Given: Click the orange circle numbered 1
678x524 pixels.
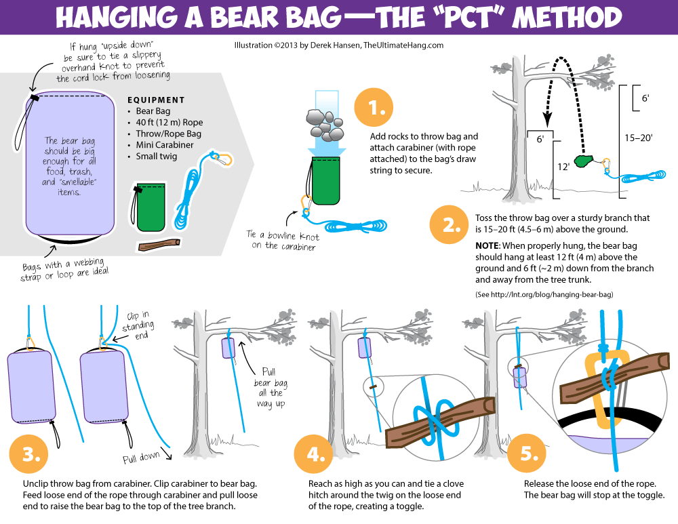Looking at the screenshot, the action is [x=374, y=108].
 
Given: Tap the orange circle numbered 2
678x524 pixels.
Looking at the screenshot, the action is [x=450, y=225].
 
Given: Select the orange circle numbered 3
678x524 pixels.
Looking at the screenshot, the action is [x=29, y=454].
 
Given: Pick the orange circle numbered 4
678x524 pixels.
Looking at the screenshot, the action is [x=313, y=454].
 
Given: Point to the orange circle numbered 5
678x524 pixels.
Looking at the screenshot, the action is [x=526, y=454].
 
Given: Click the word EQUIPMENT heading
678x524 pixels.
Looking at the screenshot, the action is [x=156, y=100].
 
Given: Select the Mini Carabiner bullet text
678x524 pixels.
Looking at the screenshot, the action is [x=165, y=145].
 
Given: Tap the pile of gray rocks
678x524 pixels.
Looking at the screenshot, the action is [x=325, y=125].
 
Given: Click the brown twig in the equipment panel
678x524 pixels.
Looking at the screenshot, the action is [x=159, y=244].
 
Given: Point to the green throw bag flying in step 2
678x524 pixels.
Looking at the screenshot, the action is [x=585, y=161].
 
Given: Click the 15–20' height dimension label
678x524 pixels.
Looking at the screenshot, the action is [x=638, y=138].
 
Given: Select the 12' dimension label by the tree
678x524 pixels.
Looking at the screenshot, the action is [x=563, y=167].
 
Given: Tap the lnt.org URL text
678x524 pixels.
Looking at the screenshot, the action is [x=544, y=294].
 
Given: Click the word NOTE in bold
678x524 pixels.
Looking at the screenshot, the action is [x=487, y=245].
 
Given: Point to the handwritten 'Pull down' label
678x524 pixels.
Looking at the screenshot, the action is [x=142, y=457].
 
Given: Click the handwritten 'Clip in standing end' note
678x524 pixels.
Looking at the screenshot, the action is [x=138, y=325].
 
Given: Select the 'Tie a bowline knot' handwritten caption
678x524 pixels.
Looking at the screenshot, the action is [x=283, y=241].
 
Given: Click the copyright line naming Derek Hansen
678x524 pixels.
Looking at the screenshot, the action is [x=339, y=45].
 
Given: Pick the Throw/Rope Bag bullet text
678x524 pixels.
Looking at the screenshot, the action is [x=169, y=134].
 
